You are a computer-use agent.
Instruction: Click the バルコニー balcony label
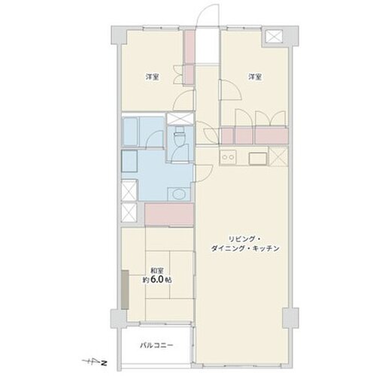pos(156,346)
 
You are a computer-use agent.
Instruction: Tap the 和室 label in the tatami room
pos(157,271)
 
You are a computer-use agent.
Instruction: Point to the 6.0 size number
pos(157,280)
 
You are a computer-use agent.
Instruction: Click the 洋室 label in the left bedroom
pos(153,77)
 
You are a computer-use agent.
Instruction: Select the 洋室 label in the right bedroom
pos(255,77)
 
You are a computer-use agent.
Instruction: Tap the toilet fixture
pos(179,135)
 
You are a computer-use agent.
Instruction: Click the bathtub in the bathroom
pos(130,132)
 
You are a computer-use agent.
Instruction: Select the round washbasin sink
pos(178,194)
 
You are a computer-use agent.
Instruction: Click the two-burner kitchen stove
pos(228,157)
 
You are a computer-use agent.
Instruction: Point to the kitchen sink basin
pos(257,158)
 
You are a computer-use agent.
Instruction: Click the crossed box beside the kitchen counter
pos(278,156)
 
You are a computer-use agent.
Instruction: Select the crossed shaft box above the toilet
pos(180,119)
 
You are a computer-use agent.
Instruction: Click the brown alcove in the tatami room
pos(125,290)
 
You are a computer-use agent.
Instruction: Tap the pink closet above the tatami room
pos(169,215)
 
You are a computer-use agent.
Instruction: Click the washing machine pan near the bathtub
pos(129,161)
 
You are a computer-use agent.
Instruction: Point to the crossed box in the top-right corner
pos(274,36)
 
